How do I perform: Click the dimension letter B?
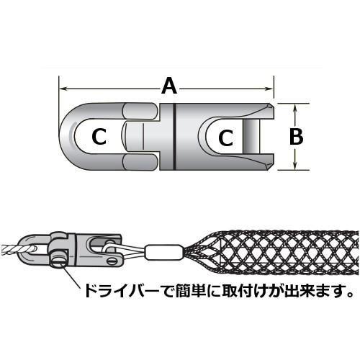(296, 137)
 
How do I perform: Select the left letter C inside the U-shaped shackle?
(99, 137)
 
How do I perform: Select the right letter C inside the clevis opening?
(225, 138)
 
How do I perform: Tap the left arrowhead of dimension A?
(63, 89)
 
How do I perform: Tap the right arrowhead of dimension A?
(269, 89)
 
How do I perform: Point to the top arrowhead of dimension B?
(295, 107)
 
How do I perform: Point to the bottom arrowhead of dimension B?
(295, 166)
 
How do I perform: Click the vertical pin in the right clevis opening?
(251, 137)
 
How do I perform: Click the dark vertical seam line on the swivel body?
(175, 137)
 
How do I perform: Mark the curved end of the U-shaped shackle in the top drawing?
(67, 137)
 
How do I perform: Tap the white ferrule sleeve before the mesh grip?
(163, 252)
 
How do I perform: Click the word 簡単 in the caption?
(189, 290)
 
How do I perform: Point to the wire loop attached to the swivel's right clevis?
(125, 251)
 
